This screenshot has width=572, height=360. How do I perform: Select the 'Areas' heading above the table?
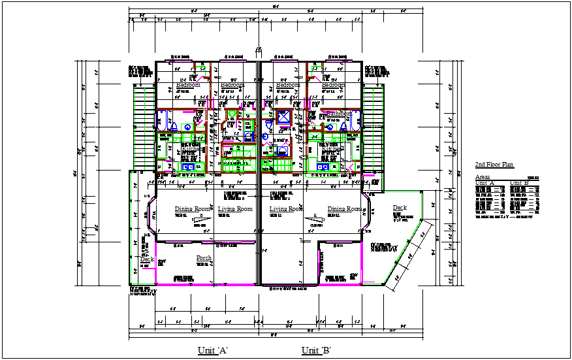pyautogui.click(x=483, y=177)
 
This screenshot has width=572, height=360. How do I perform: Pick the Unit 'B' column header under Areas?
pyautogui.click(x=520, y=183)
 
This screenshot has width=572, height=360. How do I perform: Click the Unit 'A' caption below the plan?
pyautogui.click(x=212, y=351)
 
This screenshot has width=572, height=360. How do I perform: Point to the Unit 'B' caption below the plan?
pyautogui.click(x=317, y=351)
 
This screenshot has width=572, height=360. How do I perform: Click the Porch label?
pyautogui.click(x=204, y=258)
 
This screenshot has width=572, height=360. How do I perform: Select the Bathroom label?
pyautogui.click(x=337, y=114)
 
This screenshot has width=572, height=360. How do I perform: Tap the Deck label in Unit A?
pyautogui.click(x=147, y=259)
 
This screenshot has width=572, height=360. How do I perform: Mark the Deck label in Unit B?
pyautogui.click(x=399, y=208)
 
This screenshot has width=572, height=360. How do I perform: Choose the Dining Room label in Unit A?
pyautogui.click(x=193, y=209)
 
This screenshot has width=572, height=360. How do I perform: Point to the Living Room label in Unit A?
pyautogui.click(x=235, y=209)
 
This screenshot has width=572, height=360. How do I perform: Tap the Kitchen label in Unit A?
pyautogui.click(x=191, y=149)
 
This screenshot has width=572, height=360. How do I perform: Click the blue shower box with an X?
pyautogui.click(x=285, y=118)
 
